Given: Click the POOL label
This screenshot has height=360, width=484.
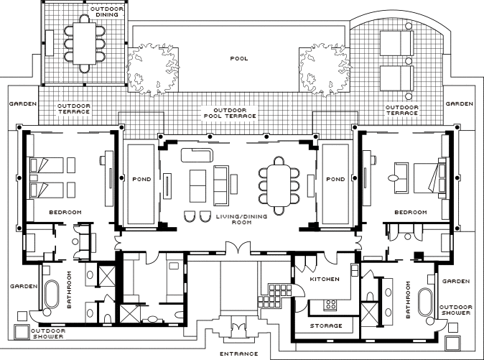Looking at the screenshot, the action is tap(239, 58).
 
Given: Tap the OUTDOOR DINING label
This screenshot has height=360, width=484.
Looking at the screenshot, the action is tap(107, 11).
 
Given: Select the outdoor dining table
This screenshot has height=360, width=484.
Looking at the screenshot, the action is tap(84, 44).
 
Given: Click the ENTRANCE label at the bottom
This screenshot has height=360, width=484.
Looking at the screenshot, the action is tap(238, 354).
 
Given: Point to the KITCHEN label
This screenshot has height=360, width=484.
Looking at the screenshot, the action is tap(325, 279).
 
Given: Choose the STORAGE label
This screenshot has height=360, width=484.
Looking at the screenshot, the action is tap(326, 326).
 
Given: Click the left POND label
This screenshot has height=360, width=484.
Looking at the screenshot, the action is tap(141, 179).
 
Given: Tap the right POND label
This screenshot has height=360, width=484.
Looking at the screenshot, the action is tap(335, 179).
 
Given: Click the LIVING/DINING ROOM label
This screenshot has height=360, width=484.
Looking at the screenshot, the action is tap(242, 219).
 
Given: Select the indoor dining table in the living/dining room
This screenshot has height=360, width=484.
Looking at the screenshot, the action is tap(279, 185).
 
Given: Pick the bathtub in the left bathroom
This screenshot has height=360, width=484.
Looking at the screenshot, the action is tap(52, 294).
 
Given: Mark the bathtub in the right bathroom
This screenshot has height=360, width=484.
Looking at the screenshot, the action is tap(426, 303).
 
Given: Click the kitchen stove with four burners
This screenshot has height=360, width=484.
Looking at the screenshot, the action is tap(330, 305).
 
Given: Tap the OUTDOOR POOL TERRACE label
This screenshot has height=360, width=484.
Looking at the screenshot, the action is tap(230, 113).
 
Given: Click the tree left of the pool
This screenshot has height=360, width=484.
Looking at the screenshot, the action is tap(153, 70).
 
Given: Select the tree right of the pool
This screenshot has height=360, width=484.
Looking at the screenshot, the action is tap(325, 70).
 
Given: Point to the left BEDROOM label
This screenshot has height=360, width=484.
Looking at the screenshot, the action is tap(65, 212).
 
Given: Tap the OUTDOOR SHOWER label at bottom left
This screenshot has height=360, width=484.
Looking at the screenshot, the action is tap(48, 333).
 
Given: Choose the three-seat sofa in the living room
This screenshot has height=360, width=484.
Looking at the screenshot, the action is tap(221, 185).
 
